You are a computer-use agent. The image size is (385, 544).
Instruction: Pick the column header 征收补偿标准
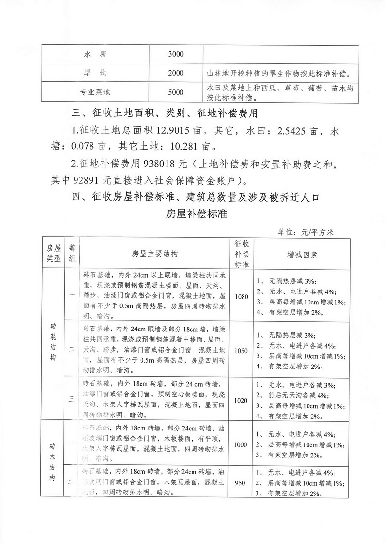coord(242,254)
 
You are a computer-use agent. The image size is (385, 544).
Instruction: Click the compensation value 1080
coord(242,296)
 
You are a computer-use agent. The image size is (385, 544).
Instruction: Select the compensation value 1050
coord(242,351)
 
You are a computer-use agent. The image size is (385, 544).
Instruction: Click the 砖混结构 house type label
coord(53,344)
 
